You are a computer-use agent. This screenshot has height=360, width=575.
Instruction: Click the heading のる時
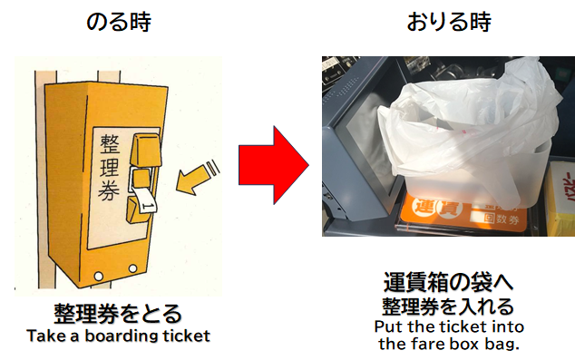click(x=118, y=22)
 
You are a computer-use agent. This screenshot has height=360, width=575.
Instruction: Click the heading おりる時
click(x=449, y=22)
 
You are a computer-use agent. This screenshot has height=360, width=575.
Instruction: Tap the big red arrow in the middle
click(x=274, y=165)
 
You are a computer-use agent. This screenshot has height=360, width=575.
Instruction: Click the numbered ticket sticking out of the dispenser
click(x=145, y=201)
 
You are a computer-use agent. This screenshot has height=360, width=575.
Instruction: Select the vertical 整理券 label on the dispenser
click(x=109, y=167)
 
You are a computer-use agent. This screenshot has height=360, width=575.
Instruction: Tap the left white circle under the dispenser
click(x=98, y=276)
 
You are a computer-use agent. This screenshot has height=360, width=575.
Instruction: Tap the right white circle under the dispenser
click(x=132, y=268)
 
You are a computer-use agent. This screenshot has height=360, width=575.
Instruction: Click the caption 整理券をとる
click(x=118, y=314)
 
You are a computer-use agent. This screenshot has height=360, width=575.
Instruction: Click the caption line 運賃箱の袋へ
click(x=448, y=282)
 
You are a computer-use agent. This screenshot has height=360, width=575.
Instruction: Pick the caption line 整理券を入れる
click(x=448, y=306)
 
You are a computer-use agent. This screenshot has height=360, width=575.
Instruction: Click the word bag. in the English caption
click(x=504, y=344)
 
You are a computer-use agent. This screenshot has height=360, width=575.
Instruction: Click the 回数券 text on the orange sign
click(x=501, y=219)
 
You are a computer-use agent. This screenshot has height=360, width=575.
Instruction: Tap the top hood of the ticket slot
click(x=146, y=149)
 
